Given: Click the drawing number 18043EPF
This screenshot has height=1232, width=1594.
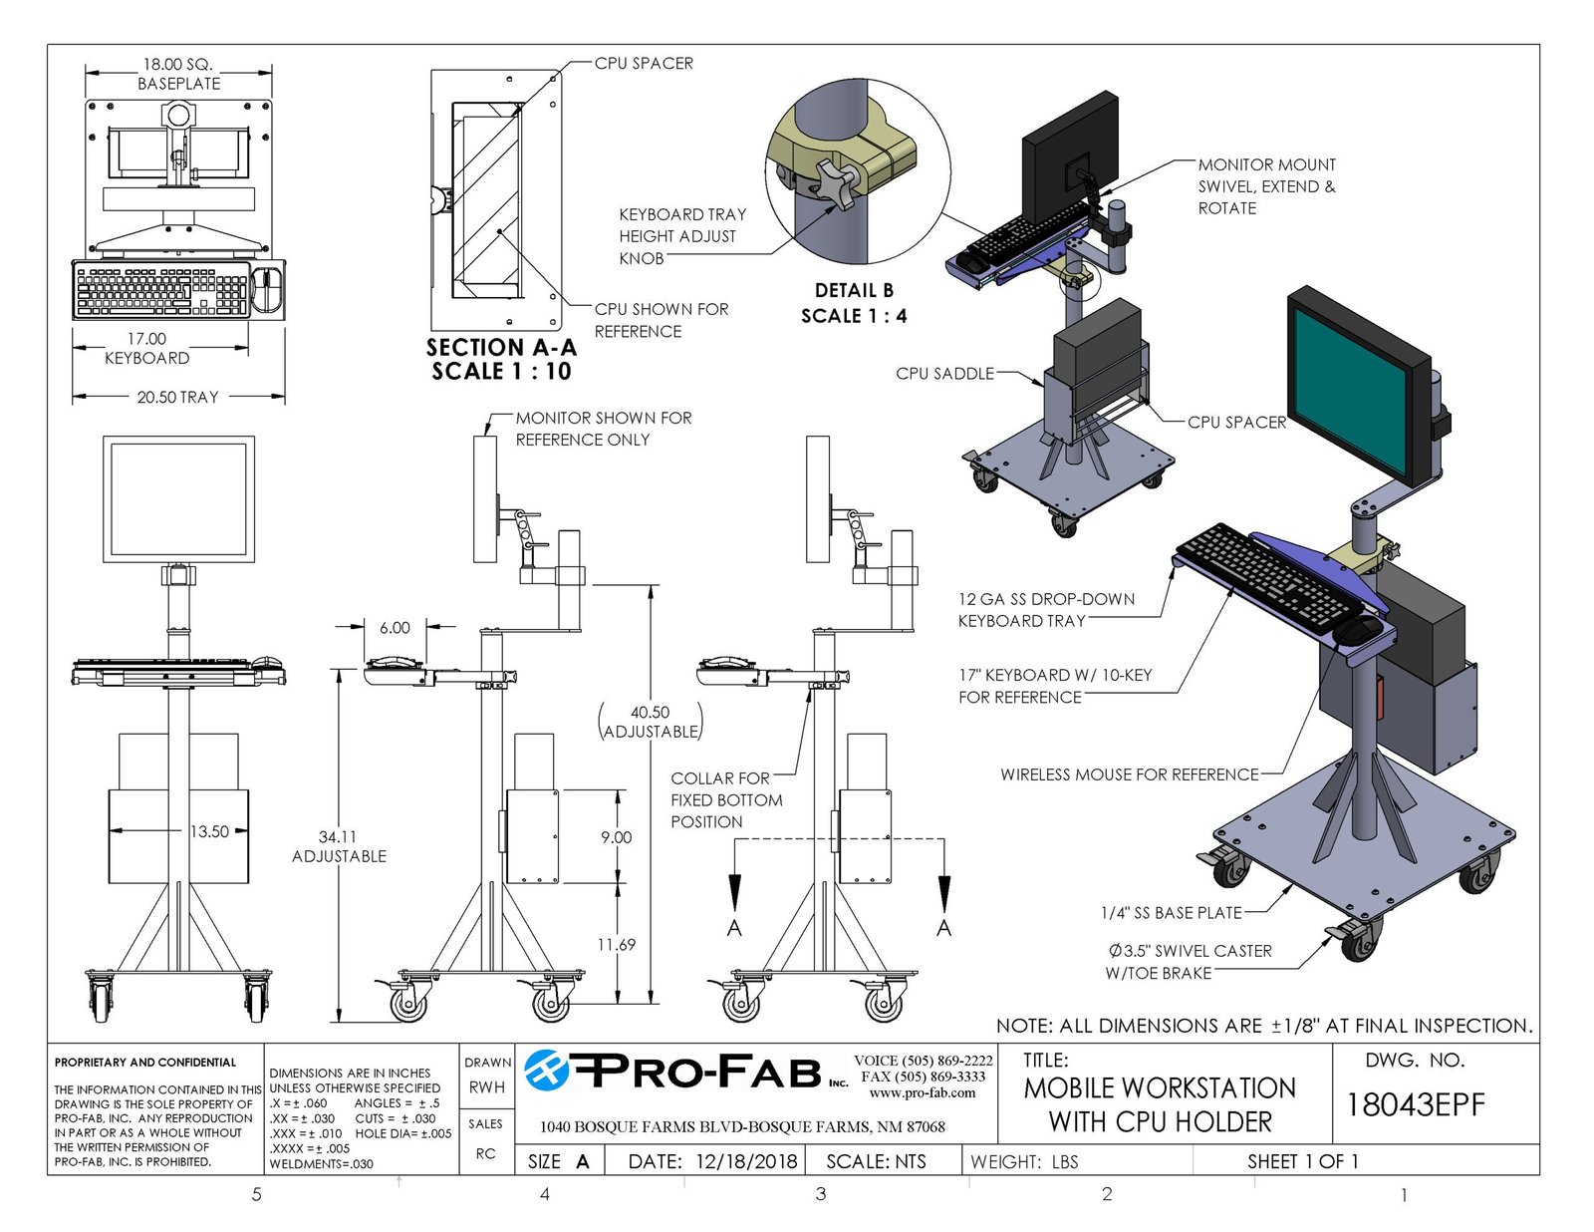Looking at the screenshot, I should click(x=1415, y=1104).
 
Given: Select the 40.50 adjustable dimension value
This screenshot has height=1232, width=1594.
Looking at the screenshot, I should click(x=650, y=713).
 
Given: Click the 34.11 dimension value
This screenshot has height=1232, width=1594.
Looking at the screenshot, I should click(x=338, y=837).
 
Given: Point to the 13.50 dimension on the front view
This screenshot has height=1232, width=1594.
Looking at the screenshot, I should click(x=209, y=831).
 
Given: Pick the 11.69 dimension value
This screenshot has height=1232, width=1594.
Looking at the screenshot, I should click(x=616, y=944).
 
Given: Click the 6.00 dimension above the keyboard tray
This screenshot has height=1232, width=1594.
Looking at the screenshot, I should click(x=395, y=628).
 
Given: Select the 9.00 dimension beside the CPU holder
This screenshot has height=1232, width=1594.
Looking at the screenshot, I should click(x=616, y=837).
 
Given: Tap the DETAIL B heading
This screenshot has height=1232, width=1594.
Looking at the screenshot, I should click(x=854, y=291).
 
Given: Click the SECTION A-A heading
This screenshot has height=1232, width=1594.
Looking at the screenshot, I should click(x=501, y=348).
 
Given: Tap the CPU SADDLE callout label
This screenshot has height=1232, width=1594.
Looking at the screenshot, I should click(x=944, y=374).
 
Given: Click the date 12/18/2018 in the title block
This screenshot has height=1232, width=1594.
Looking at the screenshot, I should click(x=746, y=1161).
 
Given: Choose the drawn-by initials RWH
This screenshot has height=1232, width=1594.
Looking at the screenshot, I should click(x=487, y=1087).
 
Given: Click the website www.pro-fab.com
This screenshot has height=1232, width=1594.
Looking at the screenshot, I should click(x=923, y=1092).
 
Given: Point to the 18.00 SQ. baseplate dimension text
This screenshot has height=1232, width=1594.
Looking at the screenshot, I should click(x=177, y=65).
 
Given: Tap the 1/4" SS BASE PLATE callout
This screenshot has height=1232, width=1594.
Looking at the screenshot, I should click(x=1171, y=913).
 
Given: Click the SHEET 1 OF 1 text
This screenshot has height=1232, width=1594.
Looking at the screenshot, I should click(x=1302, y=1161).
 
